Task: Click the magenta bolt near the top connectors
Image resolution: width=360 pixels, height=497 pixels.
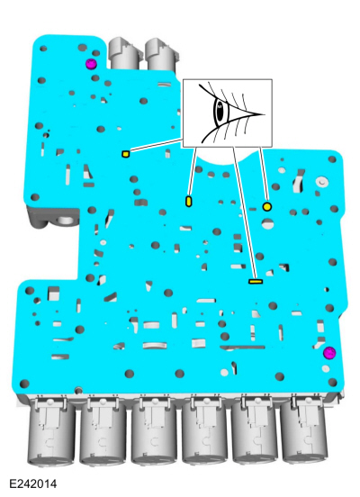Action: click(91, 64)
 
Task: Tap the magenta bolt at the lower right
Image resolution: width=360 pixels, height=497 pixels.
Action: click(329, 353)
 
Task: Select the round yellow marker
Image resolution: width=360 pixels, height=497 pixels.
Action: click(267, 207)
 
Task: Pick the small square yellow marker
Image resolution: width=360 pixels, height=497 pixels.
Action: click(126, 154)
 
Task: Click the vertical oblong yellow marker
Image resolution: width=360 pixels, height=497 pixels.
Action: click(189, 202)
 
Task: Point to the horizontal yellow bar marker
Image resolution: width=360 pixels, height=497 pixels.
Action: click(256, 281)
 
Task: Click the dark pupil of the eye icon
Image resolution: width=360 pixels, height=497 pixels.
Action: click(220, 112)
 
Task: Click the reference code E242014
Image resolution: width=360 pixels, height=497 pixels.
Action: click(33, 484)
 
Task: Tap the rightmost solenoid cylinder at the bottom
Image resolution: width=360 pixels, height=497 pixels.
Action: click(303, 434)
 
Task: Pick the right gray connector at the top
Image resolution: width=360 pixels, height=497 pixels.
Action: click(161, 55)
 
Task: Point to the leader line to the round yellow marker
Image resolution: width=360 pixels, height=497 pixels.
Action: click(264, 175)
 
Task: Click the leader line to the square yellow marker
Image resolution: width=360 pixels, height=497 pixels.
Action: click(157, 146)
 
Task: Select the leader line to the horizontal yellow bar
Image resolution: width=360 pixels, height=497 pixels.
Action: click(244, 213)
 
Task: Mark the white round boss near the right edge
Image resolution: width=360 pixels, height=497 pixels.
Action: click(322, 182)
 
